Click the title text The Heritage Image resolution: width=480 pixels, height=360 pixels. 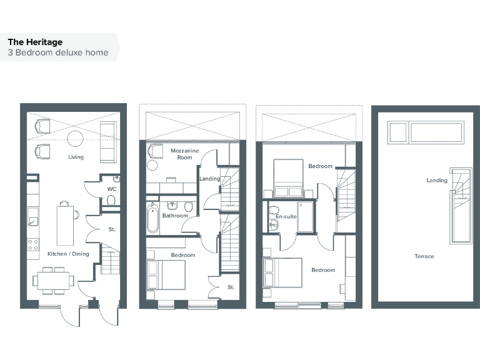click(35, 42)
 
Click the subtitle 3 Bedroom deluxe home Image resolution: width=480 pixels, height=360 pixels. click(58, 52)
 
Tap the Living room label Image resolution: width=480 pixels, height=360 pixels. click(76, 157)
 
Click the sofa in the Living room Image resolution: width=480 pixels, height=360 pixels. click(108, 142)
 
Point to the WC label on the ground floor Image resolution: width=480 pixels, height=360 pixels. click(112, 188)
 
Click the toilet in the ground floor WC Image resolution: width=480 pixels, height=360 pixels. click(111, 200)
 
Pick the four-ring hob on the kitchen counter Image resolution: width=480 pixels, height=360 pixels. click(32, 244)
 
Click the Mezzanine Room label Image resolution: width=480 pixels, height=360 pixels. click(181, 154)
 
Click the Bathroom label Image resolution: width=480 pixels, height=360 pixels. click(175, 216)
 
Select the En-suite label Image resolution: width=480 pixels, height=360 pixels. click(286, 216)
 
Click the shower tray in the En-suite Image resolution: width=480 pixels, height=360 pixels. click(306, 216)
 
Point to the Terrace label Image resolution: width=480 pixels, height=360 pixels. click(424, 256)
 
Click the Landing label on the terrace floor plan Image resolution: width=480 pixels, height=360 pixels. click(437, 181)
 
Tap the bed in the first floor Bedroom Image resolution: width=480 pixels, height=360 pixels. click(166, 274)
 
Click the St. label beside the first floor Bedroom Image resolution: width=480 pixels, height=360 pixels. click(231, 287)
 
